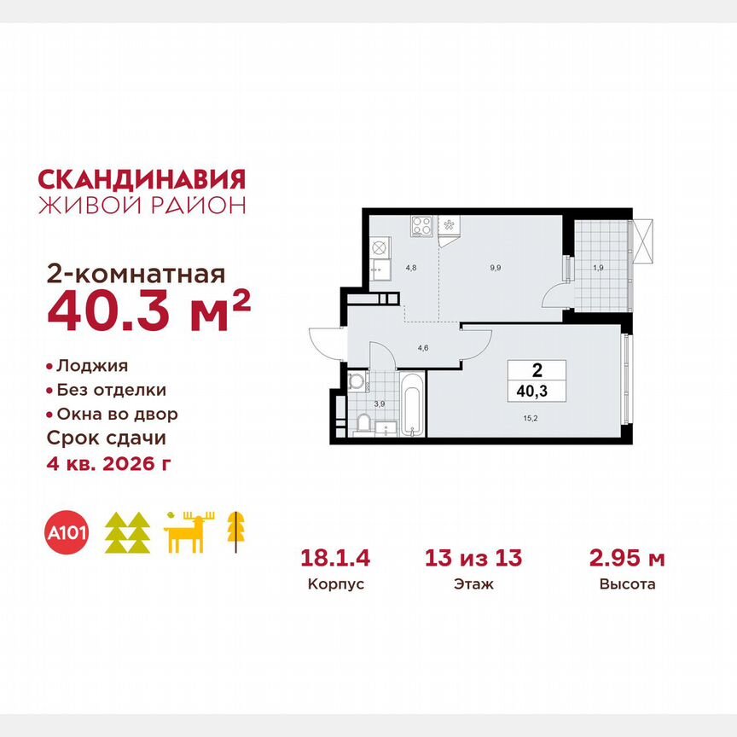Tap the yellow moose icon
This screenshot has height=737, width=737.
189,533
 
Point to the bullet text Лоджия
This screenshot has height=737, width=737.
92,366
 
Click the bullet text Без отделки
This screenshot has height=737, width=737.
111,390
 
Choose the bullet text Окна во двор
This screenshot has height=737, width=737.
117,415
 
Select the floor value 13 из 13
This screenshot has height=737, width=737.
473,559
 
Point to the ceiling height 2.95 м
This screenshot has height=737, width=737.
627,559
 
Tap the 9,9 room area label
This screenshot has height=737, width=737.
495,267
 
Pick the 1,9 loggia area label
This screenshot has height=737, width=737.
598,268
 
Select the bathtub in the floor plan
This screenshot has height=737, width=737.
412,405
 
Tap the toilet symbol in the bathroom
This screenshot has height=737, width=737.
362,423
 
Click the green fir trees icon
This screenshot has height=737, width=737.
127,533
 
